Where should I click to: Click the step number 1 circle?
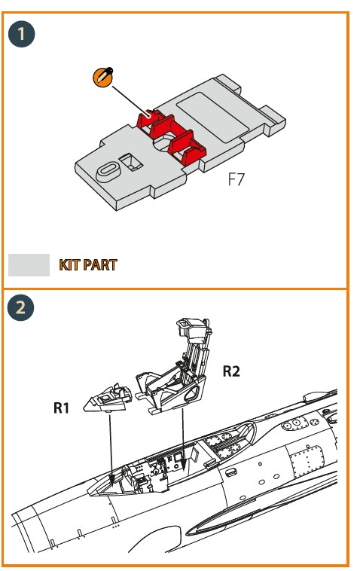(x=21, y=34)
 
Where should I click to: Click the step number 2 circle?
(x=21, y=307)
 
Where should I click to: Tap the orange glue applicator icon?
(x=103, y=77)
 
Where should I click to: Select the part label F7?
(x=236, y=179)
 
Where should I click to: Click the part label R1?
(x=61, y=408)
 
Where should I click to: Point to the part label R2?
(x=231, y=371)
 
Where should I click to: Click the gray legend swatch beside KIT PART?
(x=29, y=264)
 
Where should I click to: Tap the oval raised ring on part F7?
(x=108, y=172)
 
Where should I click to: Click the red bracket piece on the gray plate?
(x=171, y=136)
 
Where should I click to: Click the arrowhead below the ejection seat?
(x=184, y=463)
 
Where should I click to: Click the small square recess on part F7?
(x=130, y=162)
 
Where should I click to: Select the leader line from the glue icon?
(x=131, y=101)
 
